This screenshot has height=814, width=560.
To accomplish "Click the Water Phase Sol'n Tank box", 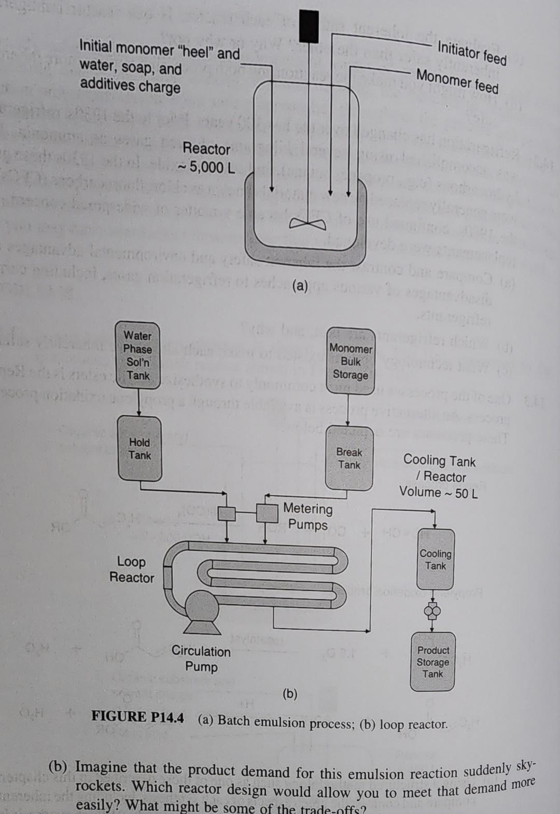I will point(138,355).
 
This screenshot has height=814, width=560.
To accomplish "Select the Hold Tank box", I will point(140,449).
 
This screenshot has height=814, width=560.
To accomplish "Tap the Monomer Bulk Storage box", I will point(351,361).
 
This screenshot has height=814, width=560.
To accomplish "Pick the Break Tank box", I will point(349,459).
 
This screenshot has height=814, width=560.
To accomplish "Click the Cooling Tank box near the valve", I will point(436,560).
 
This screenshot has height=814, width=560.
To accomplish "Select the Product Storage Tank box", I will point(433,662).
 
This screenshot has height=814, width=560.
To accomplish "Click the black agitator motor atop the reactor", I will point(309,26).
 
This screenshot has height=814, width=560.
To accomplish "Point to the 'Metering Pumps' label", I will point(308,517).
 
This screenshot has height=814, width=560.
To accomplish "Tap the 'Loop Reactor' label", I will point(132,569).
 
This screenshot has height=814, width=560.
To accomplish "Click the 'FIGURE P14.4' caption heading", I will point(137,717).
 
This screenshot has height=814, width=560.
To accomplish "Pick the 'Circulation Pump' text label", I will point(201,659).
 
